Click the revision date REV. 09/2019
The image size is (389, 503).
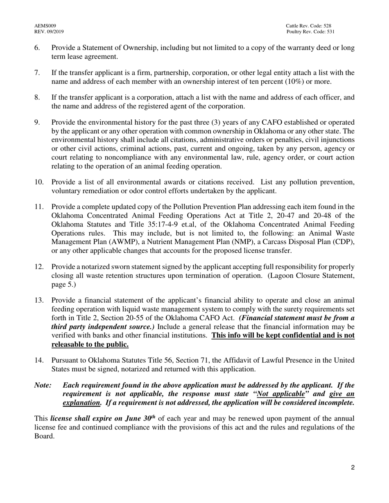click(49, 31)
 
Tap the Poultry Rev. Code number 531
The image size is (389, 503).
click(331, 31)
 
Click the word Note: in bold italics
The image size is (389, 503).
click(43, 385)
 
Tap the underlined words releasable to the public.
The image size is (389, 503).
click(90, 344)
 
